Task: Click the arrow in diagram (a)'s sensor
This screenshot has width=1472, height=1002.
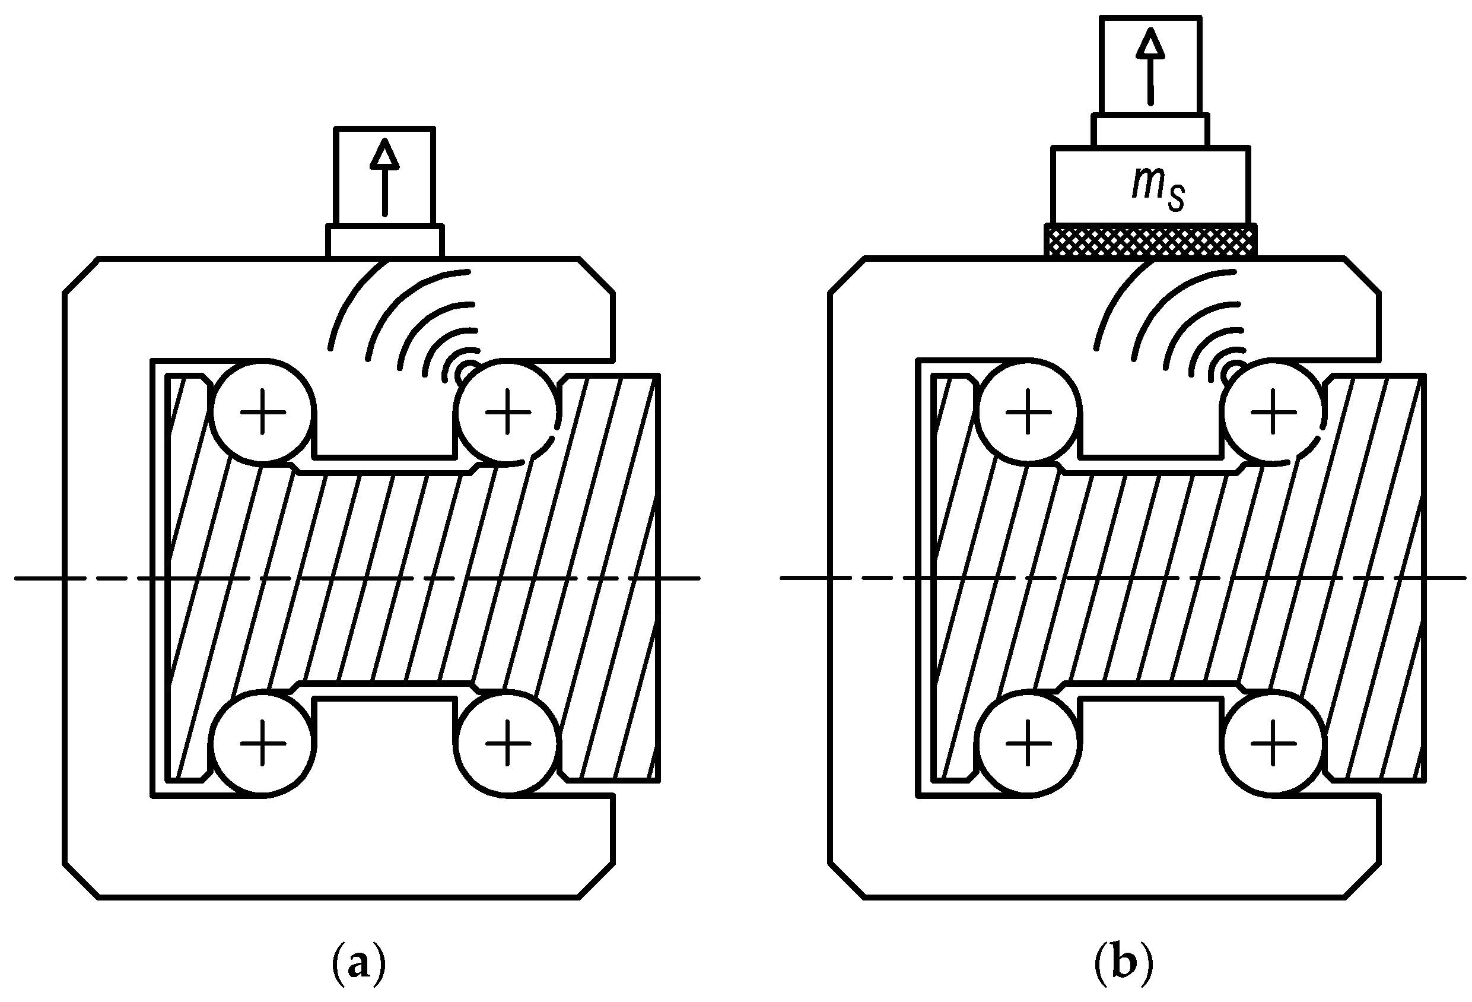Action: (384, 177)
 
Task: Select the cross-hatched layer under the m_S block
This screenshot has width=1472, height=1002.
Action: (1150, 242)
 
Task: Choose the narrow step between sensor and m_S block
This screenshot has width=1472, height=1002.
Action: (1150, 130)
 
